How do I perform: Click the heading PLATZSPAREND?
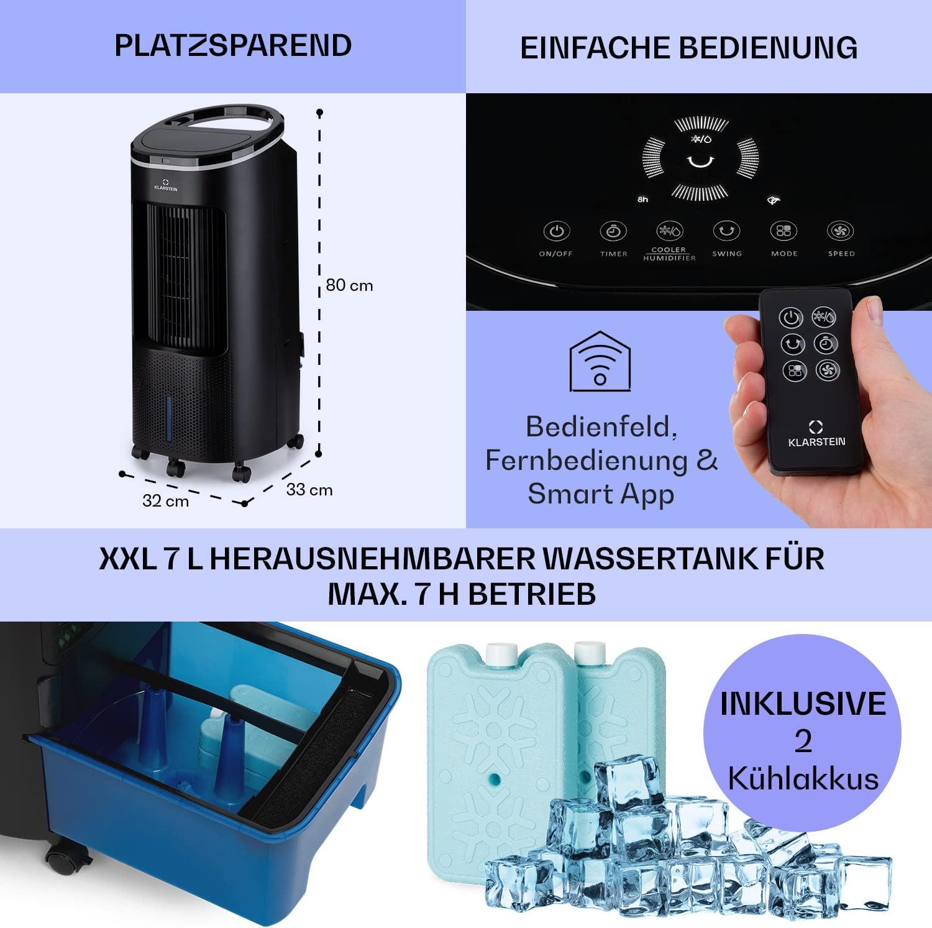click(x=233, y=45)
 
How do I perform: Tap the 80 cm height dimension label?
click(x=349, y=285)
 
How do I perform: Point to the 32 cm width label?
click(x=165, y=501)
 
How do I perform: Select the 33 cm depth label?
click(x=309, y=490)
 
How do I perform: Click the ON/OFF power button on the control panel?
click(x=556, y=231)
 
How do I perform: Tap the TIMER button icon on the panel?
click(x=613, y=231)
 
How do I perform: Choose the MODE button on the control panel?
click(x=784, y=231)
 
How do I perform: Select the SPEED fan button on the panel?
click(x=841, y=231)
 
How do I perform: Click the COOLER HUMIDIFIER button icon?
click(x=669, y=231)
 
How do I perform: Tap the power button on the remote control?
click(x=790, y=318)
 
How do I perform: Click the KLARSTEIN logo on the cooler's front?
click(x=165, y=185)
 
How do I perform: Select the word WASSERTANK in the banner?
click(x=651, y=558)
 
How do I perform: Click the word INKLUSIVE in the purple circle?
click(x=803, y=703)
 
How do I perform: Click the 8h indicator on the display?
click(x=642, y=200)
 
